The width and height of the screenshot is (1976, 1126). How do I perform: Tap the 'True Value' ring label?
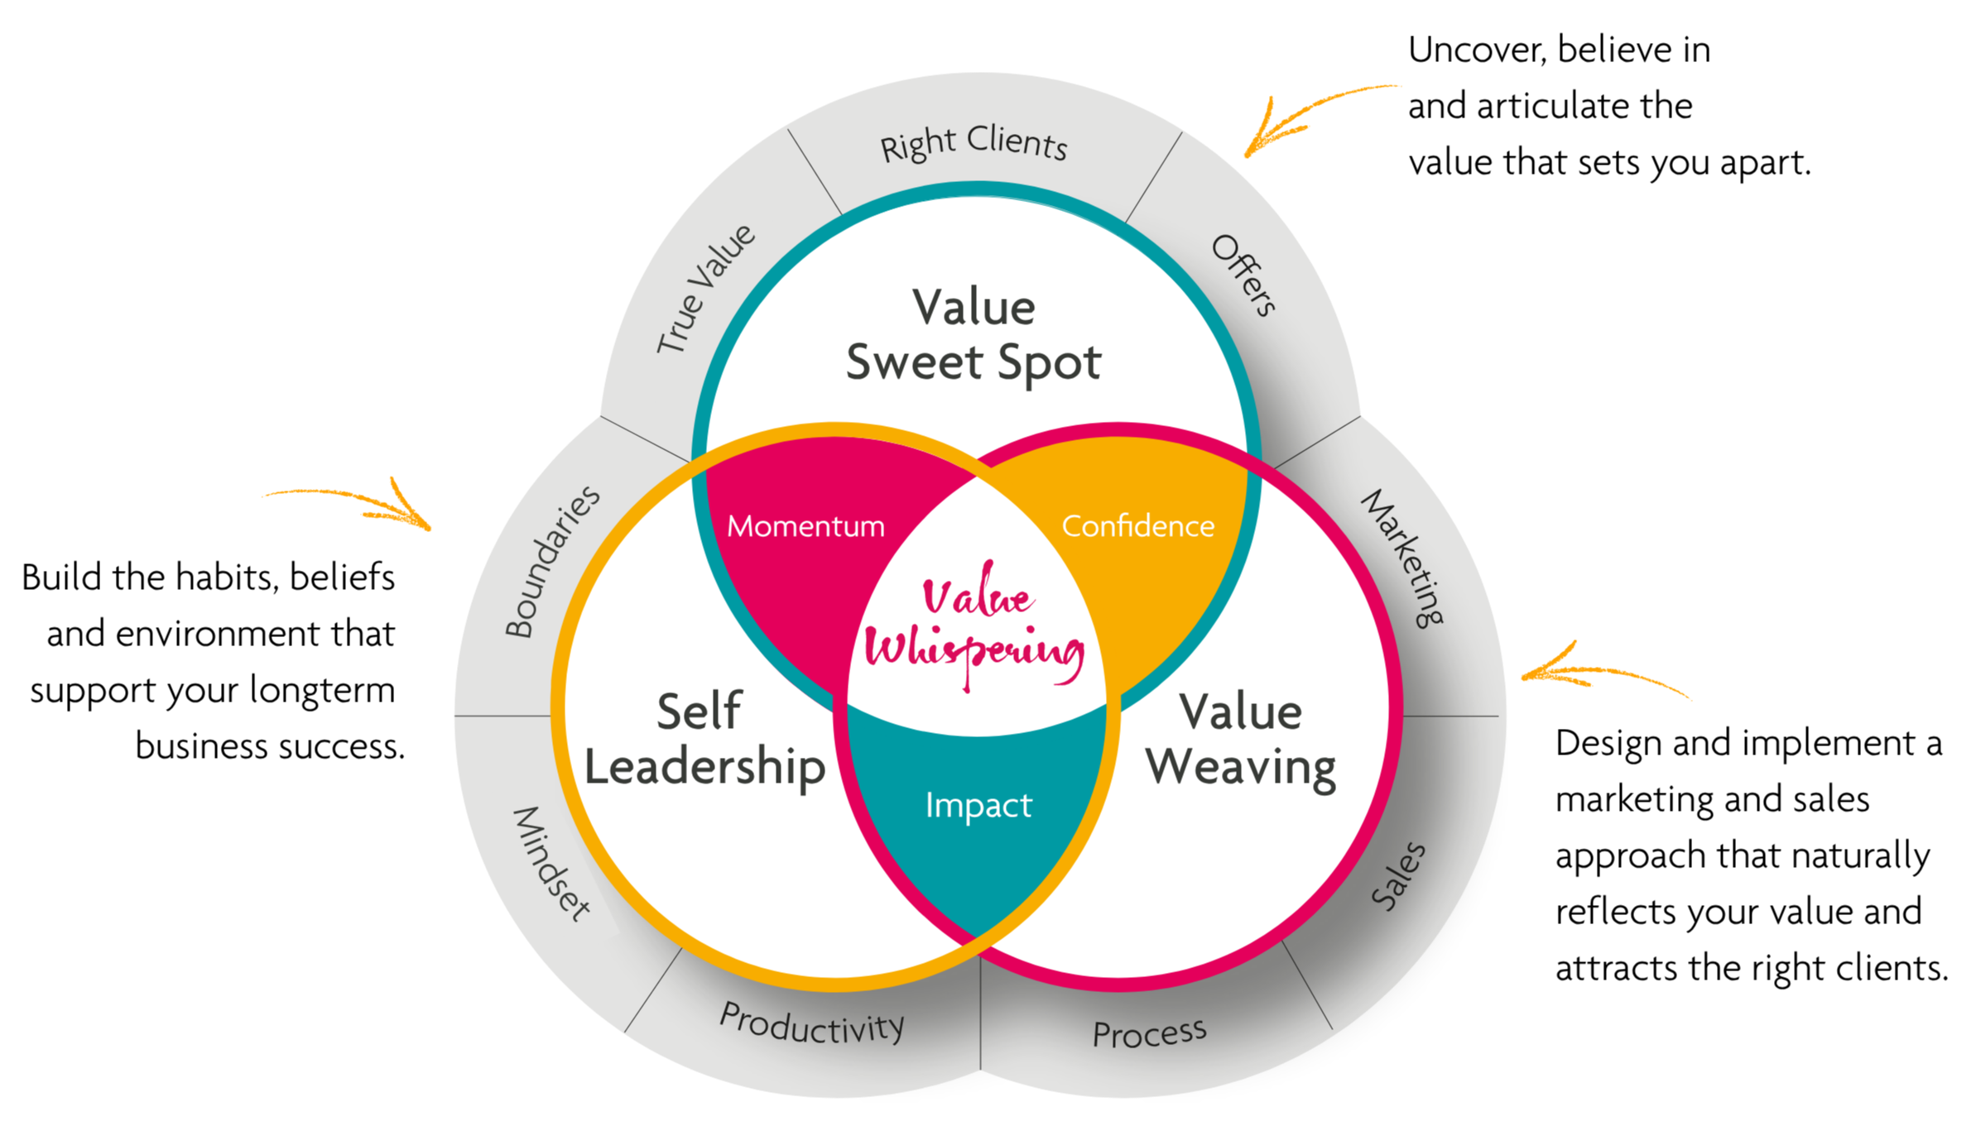(x=705, y=289)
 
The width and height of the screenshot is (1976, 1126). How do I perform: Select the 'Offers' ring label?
(x=1243, y=276)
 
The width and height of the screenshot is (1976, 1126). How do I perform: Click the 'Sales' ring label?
(x=1398, y=876)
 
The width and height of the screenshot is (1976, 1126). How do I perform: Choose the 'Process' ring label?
(x=1149, y=1033)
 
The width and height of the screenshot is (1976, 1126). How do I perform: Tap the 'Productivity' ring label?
(x=812, y=1023)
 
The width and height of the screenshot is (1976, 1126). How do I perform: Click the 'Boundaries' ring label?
(x=552, y=561)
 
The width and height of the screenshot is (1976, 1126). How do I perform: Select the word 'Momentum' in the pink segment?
(x=805, y=526)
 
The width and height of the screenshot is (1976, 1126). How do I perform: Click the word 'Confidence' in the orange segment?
(x=1138, y=526)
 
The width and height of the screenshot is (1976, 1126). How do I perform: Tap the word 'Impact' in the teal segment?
(x=978, y=805)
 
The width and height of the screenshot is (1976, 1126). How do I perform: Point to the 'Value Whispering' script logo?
(x=975, y=625)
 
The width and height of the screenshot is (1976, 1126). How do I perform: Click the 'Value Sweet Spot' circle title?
(x=974, y=335)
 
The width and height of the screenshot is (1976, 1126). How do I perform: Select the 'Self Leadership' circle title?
(x=704, y=739)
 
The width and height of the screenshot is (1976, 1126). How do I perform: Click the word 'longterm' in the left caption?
(x=322, y=690)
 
